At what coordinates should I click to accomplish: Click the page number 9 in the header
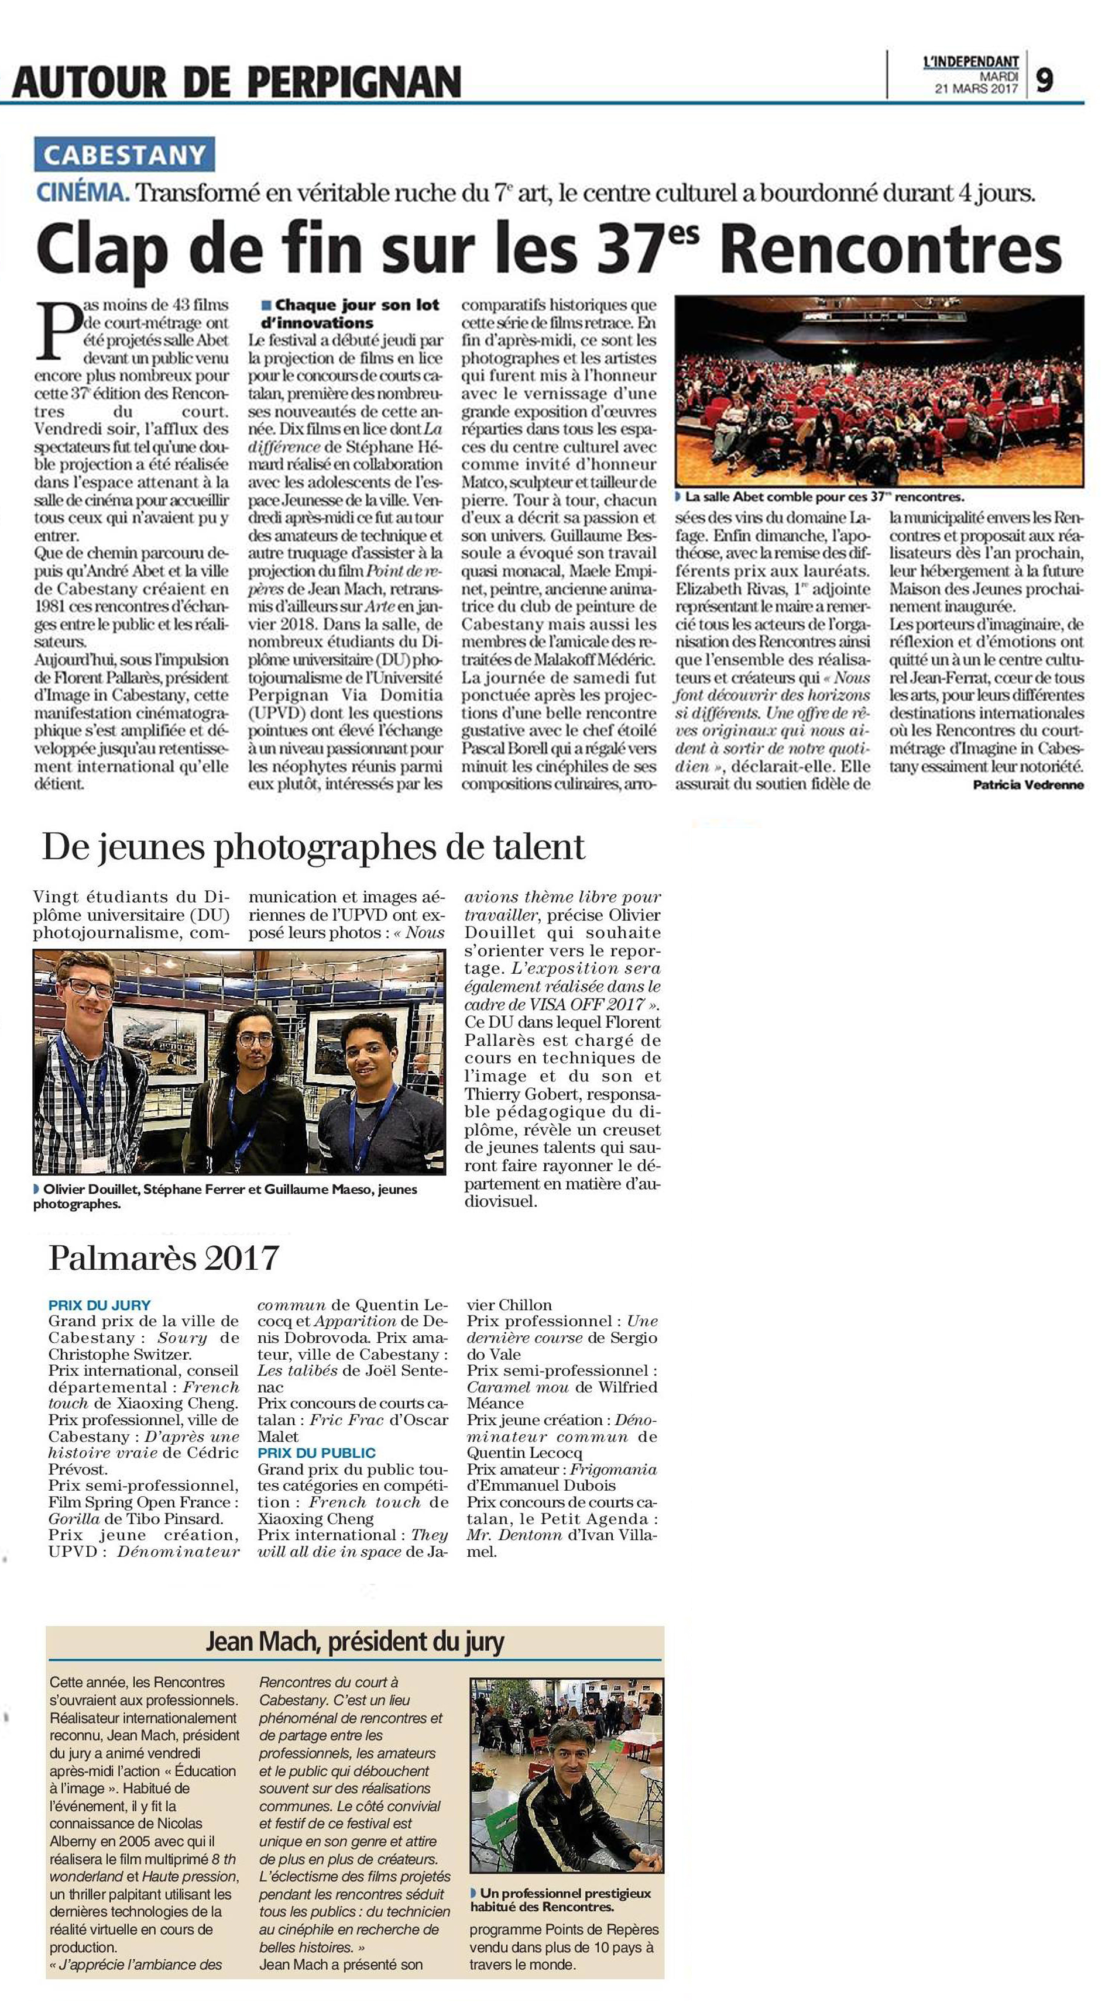1044,80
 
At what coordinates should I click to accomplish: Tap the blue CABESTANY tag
124,154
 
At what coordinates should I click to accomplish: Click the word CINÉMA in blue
83,192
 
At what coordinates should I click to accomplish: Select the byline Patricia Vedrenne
1028,784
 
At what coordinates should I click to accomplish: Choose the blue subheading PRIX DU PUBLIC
316,1453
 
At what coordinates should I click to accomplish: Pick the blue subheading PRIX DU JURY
99,1305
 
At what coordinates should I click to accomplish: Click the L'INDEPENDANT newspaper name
971,61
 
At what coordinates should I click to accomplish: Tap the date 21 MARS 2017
976,89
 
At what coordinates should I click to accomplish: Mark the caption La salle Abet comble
823,497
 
